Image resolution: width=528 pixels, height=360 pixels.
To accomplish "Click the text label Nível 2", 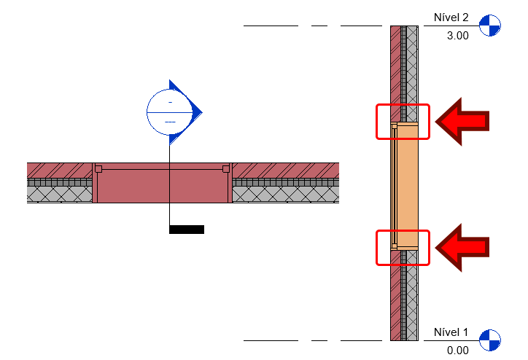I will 456,17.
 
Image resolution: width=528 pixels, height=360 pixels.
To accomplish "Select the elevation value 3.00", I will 457,36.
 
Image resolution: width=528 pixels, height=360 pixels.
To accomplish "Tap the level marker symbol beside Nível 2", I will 491,26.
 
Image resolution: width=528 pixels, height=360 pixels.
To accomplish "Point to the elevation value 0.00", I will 457,350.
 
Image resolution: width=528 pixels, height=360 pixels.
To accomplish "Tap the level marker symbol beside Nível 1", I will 491,340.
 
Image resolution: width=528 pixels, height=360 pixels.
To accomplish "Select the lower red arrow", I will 462,248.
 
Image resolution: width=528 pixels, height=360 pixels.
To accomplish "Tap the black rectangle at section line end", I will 187,230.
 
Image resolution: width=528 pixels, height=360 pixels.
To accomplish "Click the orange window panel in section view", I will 407,186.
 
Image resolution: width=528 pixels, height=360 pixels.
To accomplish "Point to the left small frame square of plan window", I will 98,168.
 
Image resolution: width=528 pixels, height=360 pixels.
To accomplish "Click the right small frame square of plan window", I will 226,168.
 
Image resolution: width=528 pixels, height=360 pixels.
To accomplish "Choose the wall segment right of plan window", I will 285,182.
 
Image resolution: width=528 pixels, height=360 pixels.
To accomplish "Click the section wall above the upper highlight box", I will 404,66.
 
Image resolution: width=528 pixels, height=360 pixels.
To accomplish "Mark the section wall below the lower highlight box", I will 404,302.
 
